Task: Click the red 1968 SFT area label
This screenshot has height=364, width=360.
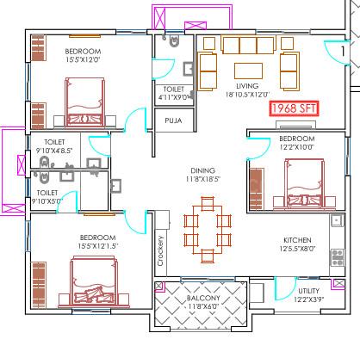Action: click(x=294, y=108)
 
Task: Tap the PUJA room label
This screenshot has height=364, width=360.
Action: click(x=173, y=120)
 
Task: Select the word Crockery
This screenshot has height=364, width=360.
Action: click(x=160, y=250)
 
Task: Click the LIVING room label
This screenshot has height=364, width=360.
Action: click(x=247, y=86)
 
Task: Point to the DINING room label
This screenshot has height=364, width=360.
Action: click(x=203, y=170)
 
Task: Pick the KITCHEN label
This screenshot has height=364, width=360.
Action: click(x=297, y=240)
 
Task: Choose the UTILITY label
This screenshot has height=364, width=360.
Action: click(x=308, y=291)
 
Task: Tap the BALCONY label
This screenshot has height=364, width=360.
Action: click(x=203, y=298)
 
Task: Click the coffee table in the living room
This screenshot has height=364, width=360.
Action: click(x=248, y=71)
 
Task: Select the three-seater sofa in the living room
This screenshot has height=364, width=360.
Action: click(x=248, y=45)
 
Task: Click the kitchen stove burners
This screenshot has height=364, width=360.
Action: click(x=338, y=257)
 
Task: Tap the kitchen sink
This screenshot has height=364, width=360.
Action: click(x=338, y=220)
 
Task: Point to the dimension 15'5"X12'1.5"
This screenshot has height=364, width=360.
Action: click(x=97, y=246)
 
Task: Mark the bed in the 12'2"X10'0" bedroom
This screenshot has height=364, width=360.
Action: click(x=304, y=183)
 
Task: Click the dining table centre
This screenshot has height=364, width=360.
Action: click(x=208, y=230)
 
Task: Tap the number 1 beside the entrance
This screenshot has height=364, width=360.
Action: click(x=343, y=51)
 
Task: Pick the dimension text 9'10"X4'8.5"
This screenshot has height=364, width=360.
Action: click(x=54, y=151)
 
